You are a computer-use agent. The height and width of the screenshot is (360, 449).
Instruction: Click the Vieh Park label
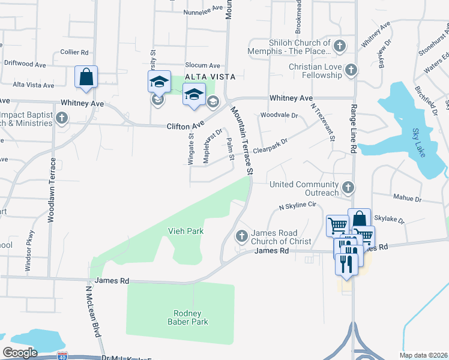pos(185,231)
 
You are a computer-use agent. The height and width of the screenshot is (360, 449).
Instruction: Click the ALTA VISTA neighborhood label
pos(209,77)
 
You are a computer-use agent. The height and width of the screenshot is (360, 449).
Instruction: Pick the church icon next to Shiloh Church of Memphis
pos(340,46)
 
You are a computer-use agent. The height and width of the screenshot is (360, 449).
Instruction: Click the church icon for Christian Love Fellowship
pos(351,71)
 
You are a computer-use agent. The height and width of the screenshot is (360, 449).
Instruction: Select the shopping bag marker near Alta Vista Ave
pos(86,77)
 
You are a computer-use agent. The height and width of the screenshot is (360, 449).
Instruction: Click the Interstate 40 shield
pos(62,356)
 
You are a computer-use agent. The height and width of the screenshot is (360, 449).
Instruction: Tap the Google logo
pos(20,352)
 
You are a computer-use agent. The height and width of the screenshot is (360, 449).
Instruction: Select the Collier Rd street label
pos(74,52)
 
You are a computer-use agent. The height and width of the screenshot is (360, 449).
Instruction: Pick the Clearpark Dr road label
pos(271,146)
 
